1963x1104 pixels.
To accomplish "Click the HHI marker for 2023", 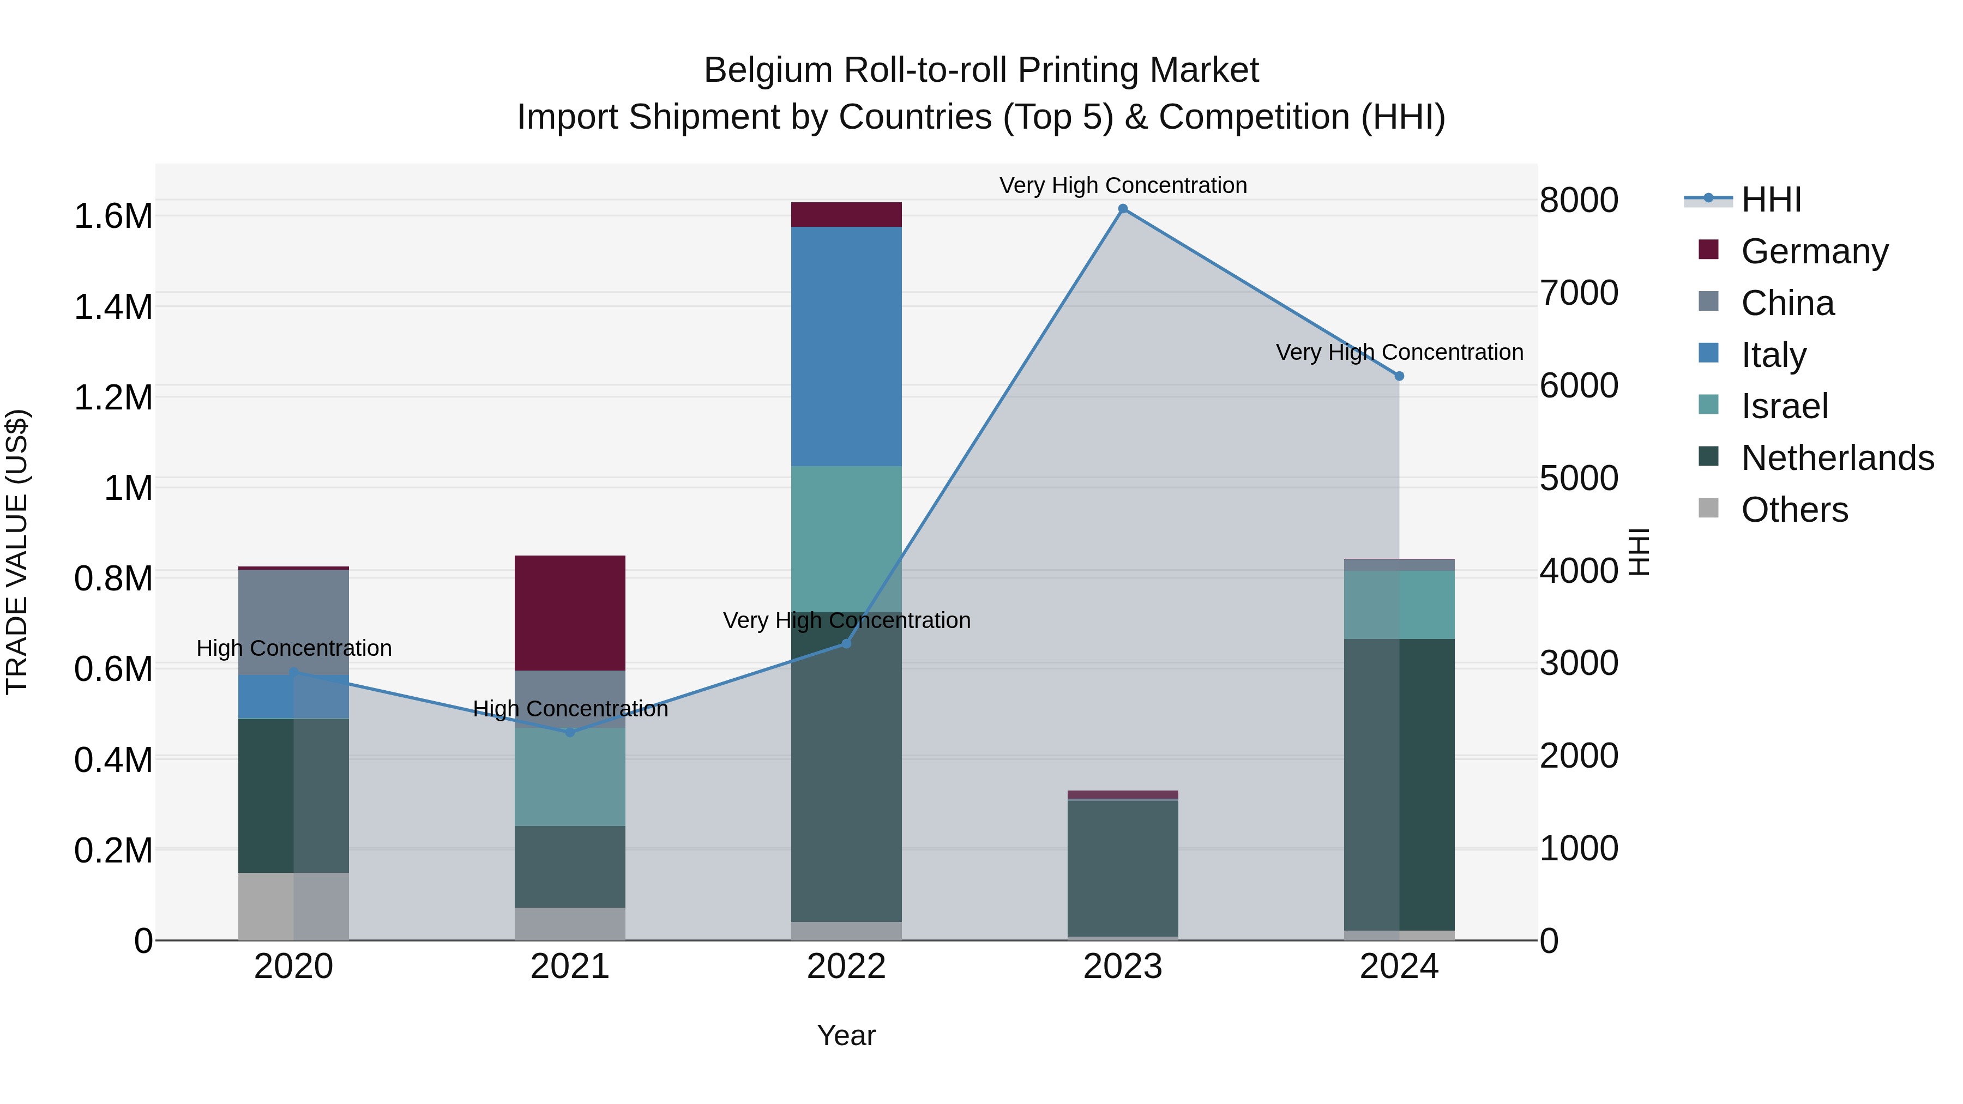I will click(1123, 209).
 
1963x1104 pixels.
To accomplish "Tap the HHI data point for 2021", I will click(570, 732).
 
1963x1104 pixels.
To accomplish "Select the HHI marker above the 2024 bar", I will click(1399, 376).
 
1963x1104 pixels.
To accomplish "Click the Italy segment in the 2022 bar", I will click(846, 347).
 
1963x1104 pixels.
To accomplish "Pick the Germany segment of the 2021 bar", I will click(570, 613).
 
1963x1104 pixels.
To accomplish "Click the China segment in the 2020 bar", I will click(293, 622).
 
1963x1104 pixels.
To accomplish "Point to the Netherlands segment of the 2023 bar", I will click(1123, 868).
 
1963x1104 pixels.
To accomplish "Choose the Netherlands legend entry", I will click(1836, 458).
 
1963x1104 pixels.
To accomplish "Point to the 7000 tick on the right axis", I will click(1579, 293).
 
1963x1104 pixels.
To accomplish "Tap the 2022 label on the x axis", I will click(846, 967).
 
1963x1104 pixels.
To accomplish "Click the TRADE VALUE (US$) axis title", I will click(17, 552).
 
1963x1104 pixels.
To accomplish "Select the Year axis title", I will click(846, 1035).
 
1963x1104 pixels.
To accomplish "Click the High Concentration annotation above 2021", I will click(570, 709).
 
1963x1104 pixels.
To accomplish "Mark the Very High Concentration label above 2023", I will click(1123, 185).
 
